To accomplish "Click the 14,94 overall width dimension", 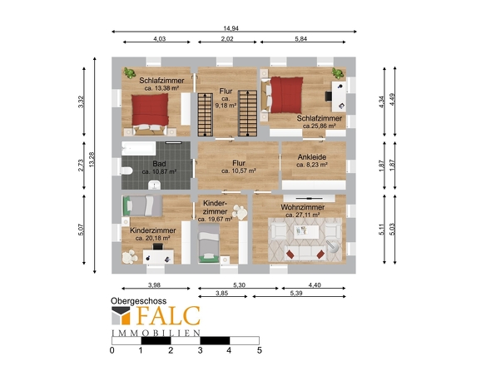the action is coord(231,28).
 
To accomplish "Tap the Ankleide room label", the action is coord(312,157).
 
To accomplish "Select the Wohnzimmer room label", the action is coord(302,207).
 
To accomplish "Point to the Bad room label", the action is coord(159,163).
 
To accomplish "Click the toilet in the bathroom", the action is coord(126,171).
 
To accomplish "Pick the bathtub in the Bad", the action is coord(138,148).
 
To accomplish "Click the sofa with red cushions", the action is coord(305,253).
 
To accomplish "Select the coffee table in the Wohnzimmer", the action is coord(306,232).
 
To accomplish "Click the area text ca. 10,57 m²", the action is coord(239,171).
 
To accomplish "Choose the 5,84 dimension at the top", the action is coord(301,39).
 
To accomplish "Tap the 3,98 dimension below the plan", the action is coord(155,285).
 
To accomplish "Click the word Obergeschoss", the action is coord(138,301).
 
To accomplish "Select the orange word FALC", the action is coord(168,315).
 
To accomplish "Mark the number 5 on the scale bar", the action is coord(260,350).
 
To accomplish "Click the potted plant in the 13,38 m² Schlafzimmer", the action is coord(129,72).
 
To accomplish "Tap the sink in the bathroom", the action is coord(155,185).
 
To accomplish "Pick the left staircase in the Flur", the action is coord(205,115).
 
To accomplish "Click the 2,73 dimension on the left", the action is coord(81,166).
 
